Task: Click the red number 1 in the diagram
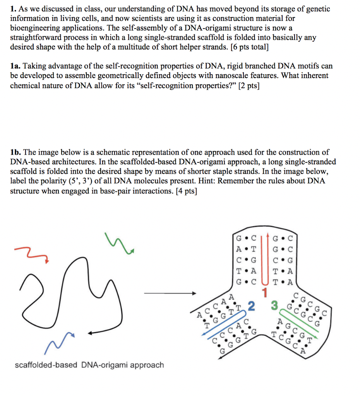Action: (x=265, y=293)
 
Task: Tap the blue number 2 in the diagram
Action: (x=251, y=306)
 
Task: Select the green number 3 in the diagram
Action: (x=274, y=306)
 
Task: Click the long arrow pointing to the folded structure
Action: (x=170, y=293)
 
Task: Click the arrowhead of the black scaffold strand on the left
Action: (x=90, y=333)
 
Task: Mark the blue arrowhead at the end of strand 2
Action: (x=203, y=334)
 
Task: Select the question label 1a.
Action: (x=15, y=66)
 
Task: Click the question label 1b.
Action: (x=15, y=152)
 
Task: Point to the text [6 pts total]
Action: (x=250, y=47)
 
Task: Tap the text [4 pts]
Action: (x=187, y=191)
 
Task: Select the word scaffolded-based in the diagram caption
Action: (x=46, y=365)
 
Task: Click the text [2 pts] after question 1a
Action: (x=249, y=85)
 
